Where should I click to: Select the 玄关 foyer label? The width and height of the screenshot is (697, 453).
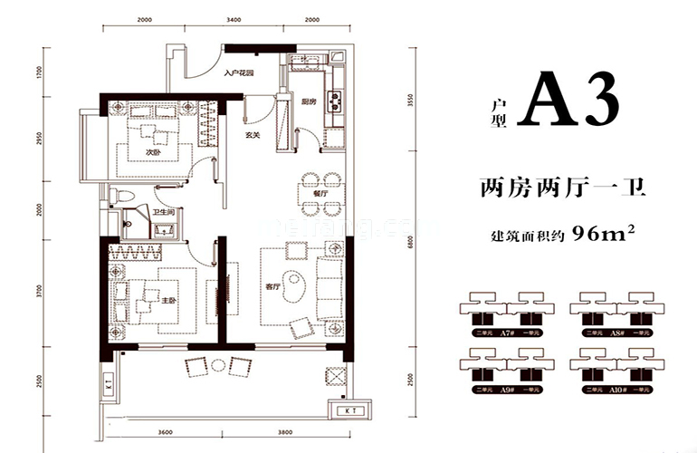click(253, 137)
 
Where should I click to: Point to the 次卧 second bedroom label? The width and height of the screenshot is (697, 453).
click(153, 152)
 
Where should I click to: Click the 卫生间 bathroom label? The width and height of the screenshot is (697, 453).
click(164, 213)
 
